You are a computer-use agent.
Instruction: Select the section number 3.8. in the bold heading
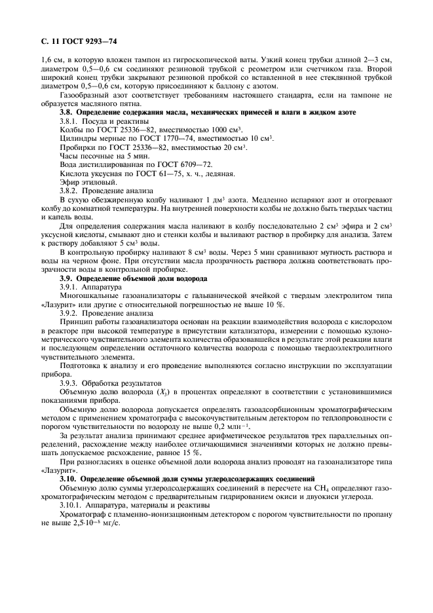click(x=67, y=114)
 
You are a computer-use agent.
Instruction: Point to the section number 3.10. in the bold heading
click(x=69, y=479)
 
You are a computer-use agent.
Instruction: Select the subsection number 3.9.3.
click(x=71, y=382)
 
